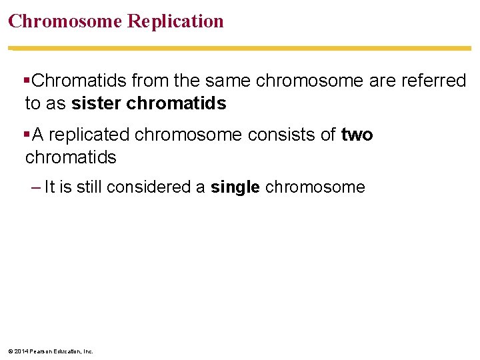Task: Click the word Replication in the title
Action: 175,21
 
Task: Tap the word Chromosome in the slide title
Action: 65,21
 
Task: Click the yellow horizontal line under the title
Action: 240,48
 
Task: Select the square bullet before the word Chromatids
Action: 27,81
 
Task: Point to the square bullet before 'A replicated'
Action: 27,135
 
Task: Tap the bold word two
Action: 357,135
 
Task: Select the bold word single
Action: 235,187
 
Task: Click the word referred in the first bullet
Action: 434,81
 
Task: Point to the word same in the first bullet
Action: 223,81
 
